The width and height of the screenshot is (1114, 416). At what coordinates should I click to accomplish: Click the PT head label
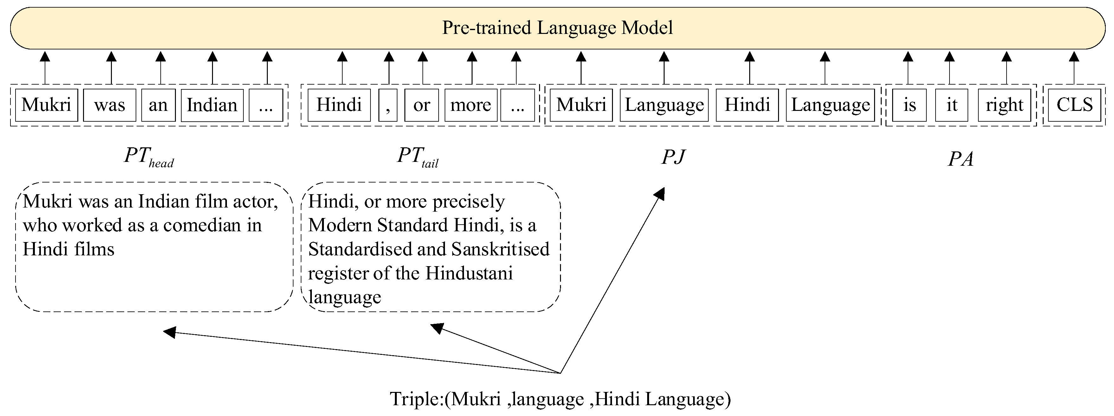coord(148,157)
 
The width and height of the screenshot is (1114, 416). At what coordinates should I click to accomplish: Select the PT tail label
coord(417,157)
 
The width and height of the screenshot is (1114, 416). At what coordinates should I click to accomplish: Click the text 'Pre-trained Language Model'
coord(557,28)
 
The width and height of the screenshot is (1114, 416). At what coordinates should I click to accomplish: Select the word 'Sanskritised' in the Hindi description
coord(500,249)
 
